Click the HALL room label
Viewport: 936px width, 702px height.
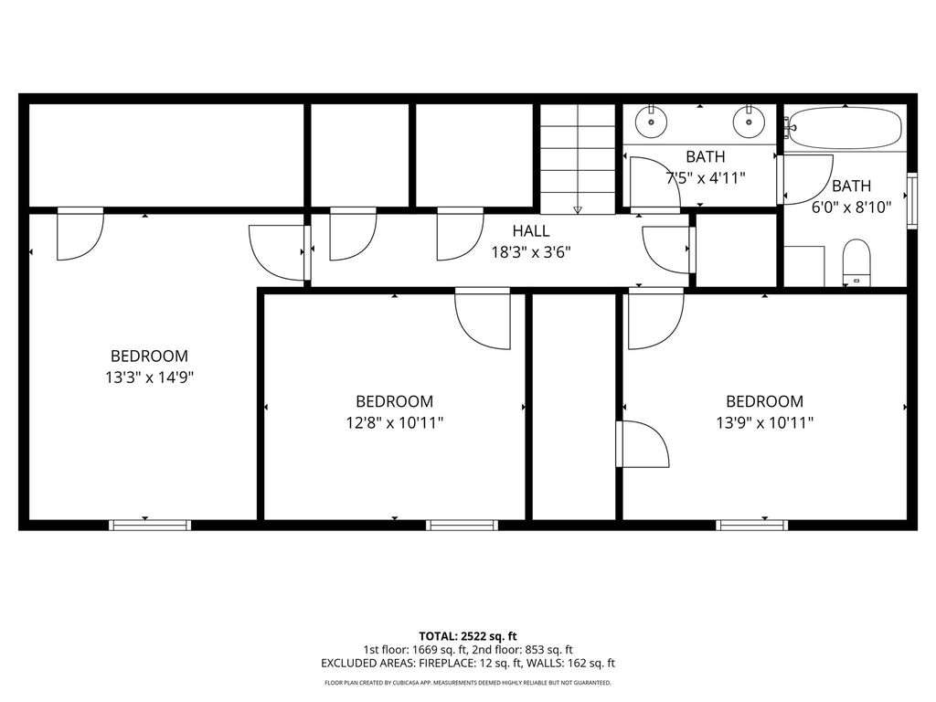[x=531, y=231]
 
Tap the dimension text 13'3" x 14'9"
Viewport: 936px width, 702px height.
[x=150, y=378]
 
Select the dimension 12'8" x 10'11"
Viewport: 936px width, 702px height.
[x=395, y=422]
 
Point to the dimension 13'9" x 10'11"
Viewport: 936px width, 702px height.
[x=765, y=422]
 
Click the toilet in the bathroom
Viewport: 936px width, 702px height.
[x=856, y=262]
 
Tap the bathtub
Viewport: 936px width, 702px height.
[x=846, y=128]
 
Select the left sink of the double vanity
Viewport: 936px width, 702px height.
[x=651, y=122]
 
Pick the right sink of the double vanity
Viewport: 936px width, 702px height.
[x=749, y=122]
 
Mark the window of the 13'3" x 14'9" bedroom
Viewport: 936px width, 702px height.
[x=150, y=526]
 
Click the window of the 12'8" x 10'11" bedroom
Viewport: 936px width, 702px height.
[x=462, y=526]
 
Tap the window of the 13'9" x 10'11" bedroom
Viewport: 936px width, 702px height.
[x=752, y=526]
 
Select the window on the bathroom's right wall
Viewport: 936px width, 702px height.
[x=912, y=200]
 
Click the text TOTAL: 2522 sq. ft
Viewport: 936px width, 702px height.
[x=468, y=636]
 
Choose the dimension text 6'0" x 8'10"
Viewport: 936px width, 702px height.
[x=851, y=207]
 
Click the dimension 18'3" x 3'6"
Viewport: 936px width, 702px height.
[x=531, y=252]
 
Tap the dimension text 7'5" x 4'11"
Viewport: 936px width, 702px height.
[x=706, y=178]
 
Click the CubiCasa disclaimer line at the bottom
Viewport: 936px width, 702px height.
[x=468, y=683]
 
